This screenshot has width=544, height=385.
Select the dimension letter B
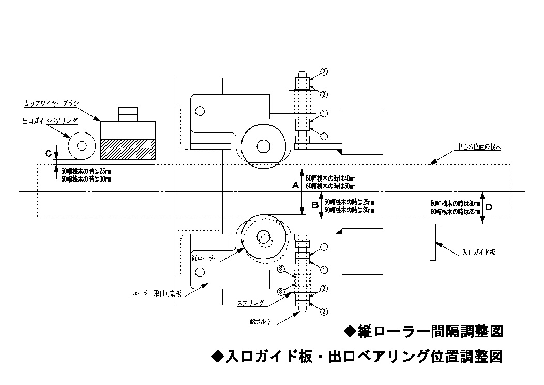coord(314,205)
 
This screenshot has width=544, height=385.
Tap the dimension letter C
coord(48,154)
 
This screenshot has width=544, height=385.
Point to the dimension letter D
coord(489,208)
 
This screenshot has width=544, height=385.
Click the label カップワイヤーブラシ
coord(51,103)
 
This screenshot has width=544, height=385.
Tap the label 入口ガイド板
coord(478,253)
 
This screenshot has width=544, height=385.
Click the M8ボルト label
coord(261,323)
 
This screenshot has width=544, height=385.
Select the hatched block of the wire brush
coord(128,149)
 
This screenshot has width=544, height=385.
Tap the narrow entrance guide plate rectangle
coord(432,242)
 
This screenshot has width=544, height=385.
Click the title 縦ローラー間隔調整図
coord(423,331)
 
